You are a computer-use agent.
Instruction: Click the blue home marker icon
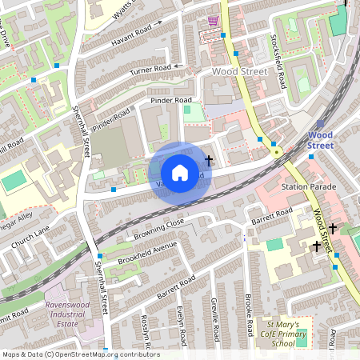[180, 172]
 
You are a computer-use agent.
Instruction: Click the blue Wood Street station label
[320, 141]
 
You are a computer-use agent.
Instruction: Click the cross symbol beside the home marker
[209, 161]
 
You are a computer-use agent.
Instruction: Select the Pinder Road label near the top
[171, 102]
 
